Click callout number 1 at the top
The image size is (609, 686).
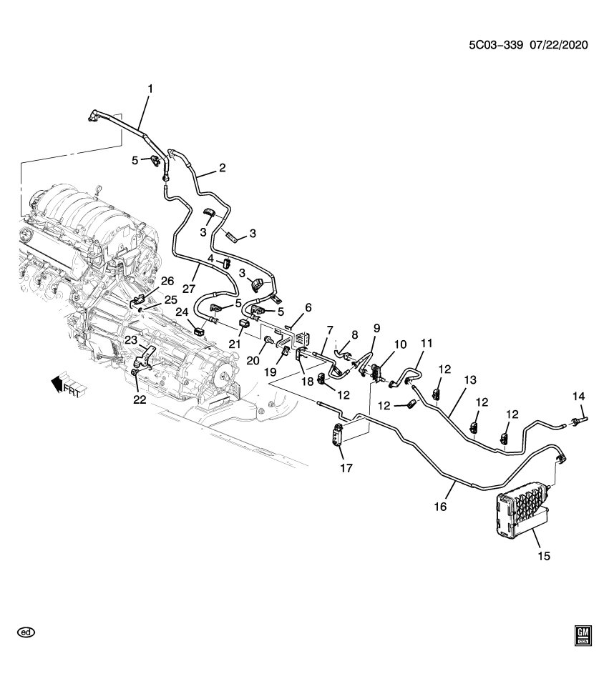click(150, 89)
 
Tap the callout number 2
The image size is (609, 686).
click(222, 168)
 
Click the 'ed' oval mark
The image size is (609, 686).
click(26, 632)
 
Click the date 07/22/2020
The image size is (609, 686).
click(559, 45)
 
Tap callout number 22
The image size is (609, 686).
click(139, 399)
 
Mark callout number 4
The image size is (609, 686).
click(211, 258)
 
